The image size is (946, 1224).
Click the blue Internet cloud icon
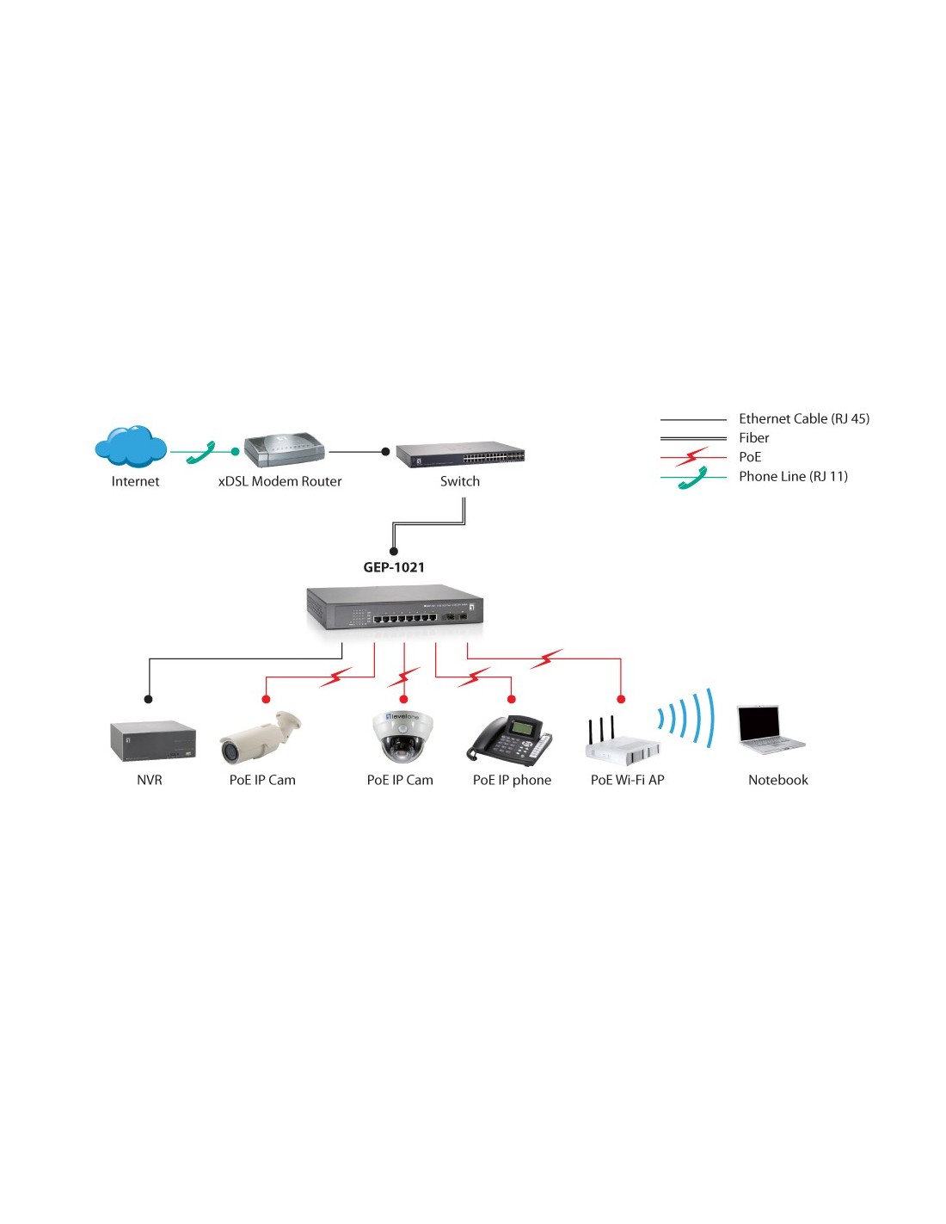point(131,446)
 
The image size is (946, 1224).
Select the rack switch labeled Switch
point(460,455)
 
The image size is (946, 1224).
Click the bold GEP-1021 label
point(393,566)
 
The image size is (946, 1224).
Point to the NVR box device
point(152,741)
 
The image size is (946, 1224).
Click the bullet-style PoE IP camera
point(260,737)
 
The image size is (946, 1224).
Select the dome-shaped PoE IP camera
point(402,736)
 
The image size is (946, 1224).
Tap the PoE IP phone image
point(509,738)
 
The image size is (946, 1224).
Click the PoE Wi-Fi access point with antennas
point(622,741)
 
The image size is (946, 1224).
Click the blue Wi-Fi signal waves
point(686,718)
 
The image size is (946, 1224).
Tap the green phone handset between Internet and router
point(201,452)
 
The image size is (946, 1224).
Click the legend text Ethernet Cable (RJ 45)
point(803,418)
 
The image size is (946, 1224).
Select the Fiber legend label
point(753,437)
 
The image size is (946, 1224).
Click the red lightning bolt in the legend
point(691,456)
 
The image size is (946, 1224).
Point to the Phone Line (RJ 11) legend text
point(793,476)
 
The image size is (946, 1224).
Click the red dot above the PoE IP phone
point(511,699)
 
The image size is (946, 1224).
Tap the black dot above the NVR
point(148,699)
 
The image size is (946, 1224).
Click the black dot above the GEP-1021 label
point(393,552)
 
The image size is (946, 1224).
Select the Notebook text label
point(777,780)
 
